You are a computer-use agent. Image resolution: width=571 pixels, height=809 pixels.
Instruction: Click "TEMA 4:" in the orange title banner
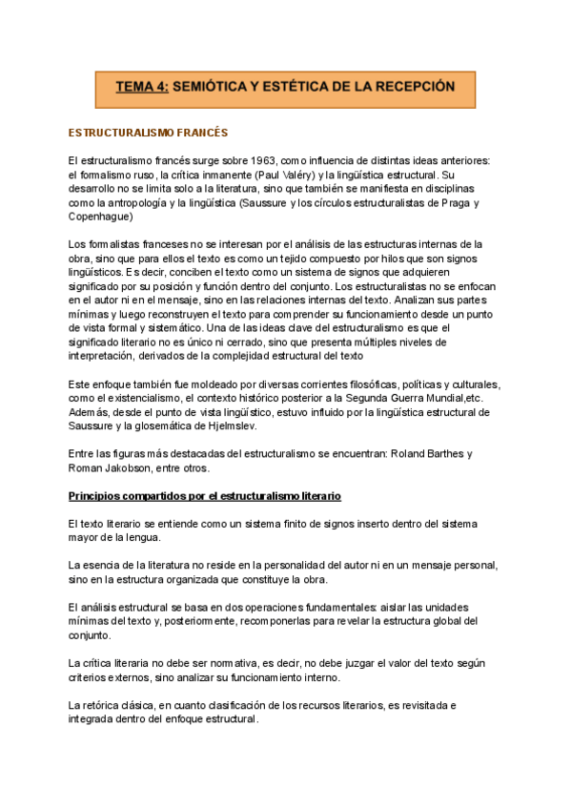pyautogui.click(x=143, y=87)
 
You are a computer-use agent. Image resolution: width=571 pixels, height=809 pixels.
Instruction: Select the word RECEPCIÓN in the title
pyautogui.click(x=409, y=87)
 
